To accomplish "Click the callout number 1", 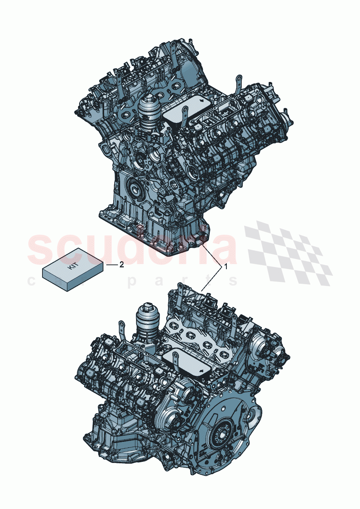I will click(x=226, y=267).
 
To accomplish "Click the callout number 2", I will click(x=122, y=265).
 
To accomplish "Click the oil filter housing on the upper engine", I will click(x=148, y=116).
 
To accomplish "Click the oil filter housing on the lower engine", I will click(x=147, y=325).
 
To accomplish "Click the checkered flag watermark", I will click(x=289, y=252).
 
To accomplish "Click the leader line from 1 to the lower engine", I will click(x=212, y=279).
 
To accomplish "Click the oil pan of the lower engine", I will click(x=105, y=435).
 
